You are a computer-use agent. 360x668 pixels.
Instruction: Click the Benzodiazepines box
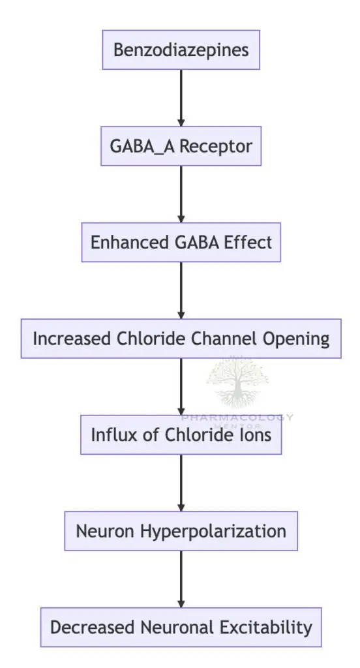pos(181,50)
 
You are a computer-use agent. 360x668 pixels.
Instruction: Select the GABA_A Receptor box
pos(181,145)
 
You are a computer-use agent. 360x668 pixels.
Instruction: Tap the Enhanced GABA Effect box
pos(181,242)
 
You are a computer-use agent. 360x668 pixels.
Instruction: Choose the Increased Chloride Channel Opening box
pos(181,339)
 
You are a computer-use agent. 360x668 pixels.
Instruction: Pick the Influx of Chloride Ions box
pos(181,434)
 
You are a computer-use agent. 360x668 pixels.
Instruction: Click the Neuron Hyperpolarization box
pos(181,531)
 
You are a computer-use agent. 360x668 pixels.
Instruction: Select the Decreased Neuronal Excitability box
pos(181,628)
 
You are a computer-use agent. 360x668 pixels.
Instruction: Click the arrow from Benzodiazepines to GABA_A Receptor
pos(181,97)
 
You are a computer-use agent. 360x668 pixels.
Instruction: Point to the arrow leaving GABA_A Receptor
pos(181,194)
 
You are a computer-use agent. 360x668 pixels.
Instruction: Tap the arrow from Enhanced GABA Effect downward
pos(181,290)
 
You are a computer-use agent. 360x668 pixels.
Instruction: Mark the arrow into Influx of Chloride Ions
pos(181,387)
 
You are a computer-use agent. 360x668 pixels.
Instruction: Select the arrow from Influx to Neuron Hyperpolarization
pos(181,483)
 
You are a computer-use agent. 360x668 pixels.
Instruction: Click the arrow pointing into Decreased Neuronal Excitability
pos(181,579)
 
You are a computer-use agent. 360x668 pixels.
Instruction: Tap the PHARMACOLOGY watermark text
pos(237,417)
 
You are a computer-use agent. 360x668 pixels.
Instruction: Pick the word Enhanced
pos(120,242)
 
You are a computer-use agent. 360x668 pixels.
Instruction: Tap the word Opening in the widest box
pos(297,339)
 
